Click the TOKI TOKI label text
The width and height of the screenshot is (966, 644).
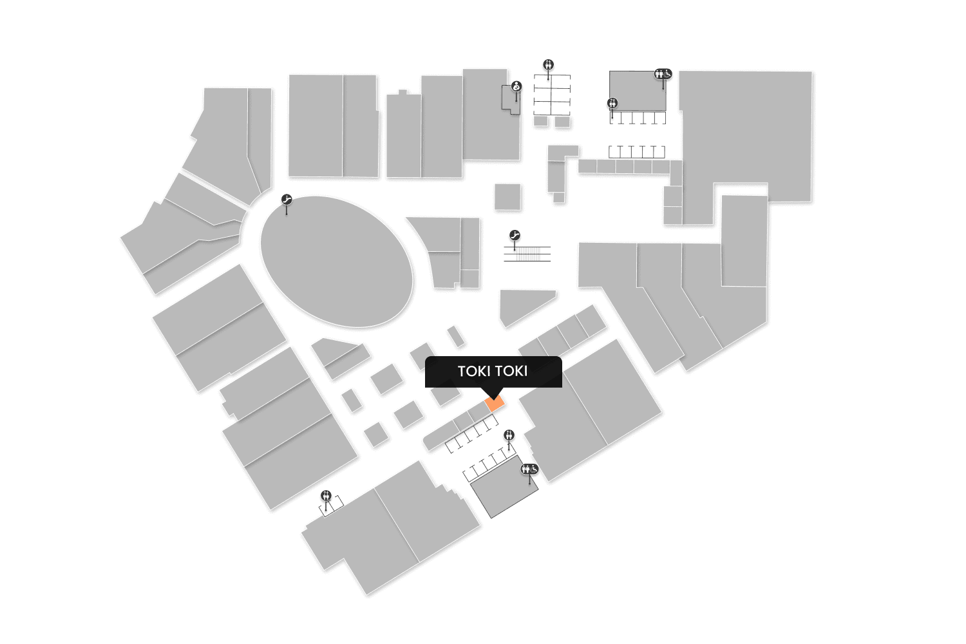click(x=493, y=372)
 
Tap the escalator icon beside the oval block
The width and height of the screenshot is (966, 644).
click(x=287, y=200)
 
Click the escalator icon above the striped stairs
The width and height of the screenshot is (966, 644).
click(x=514, y=236)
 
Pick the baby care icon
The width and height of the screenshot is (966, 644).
click(x=516, y=86)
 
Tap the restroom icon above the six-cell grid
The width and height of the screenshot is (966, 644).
click(x=548, y=64)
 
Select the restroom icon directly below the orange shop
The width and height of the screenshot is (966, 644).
click(x=509, y=435)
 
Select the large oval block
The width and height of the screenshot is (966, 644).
click(x=336, y=261)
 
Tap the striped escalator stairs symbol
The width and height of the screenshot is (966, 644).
click(x=527, y=254)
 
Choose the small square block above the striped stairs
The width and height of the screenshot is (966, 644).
click(x=507, y=196)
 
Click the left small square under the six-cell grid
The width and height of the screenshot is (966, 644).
click(x=541, y=121)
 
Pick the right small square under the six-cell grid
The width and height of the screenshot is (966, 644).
click(x=562, y=121)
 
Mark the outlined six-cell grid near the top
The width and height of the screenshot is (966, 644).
click(x=552, y=95)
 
